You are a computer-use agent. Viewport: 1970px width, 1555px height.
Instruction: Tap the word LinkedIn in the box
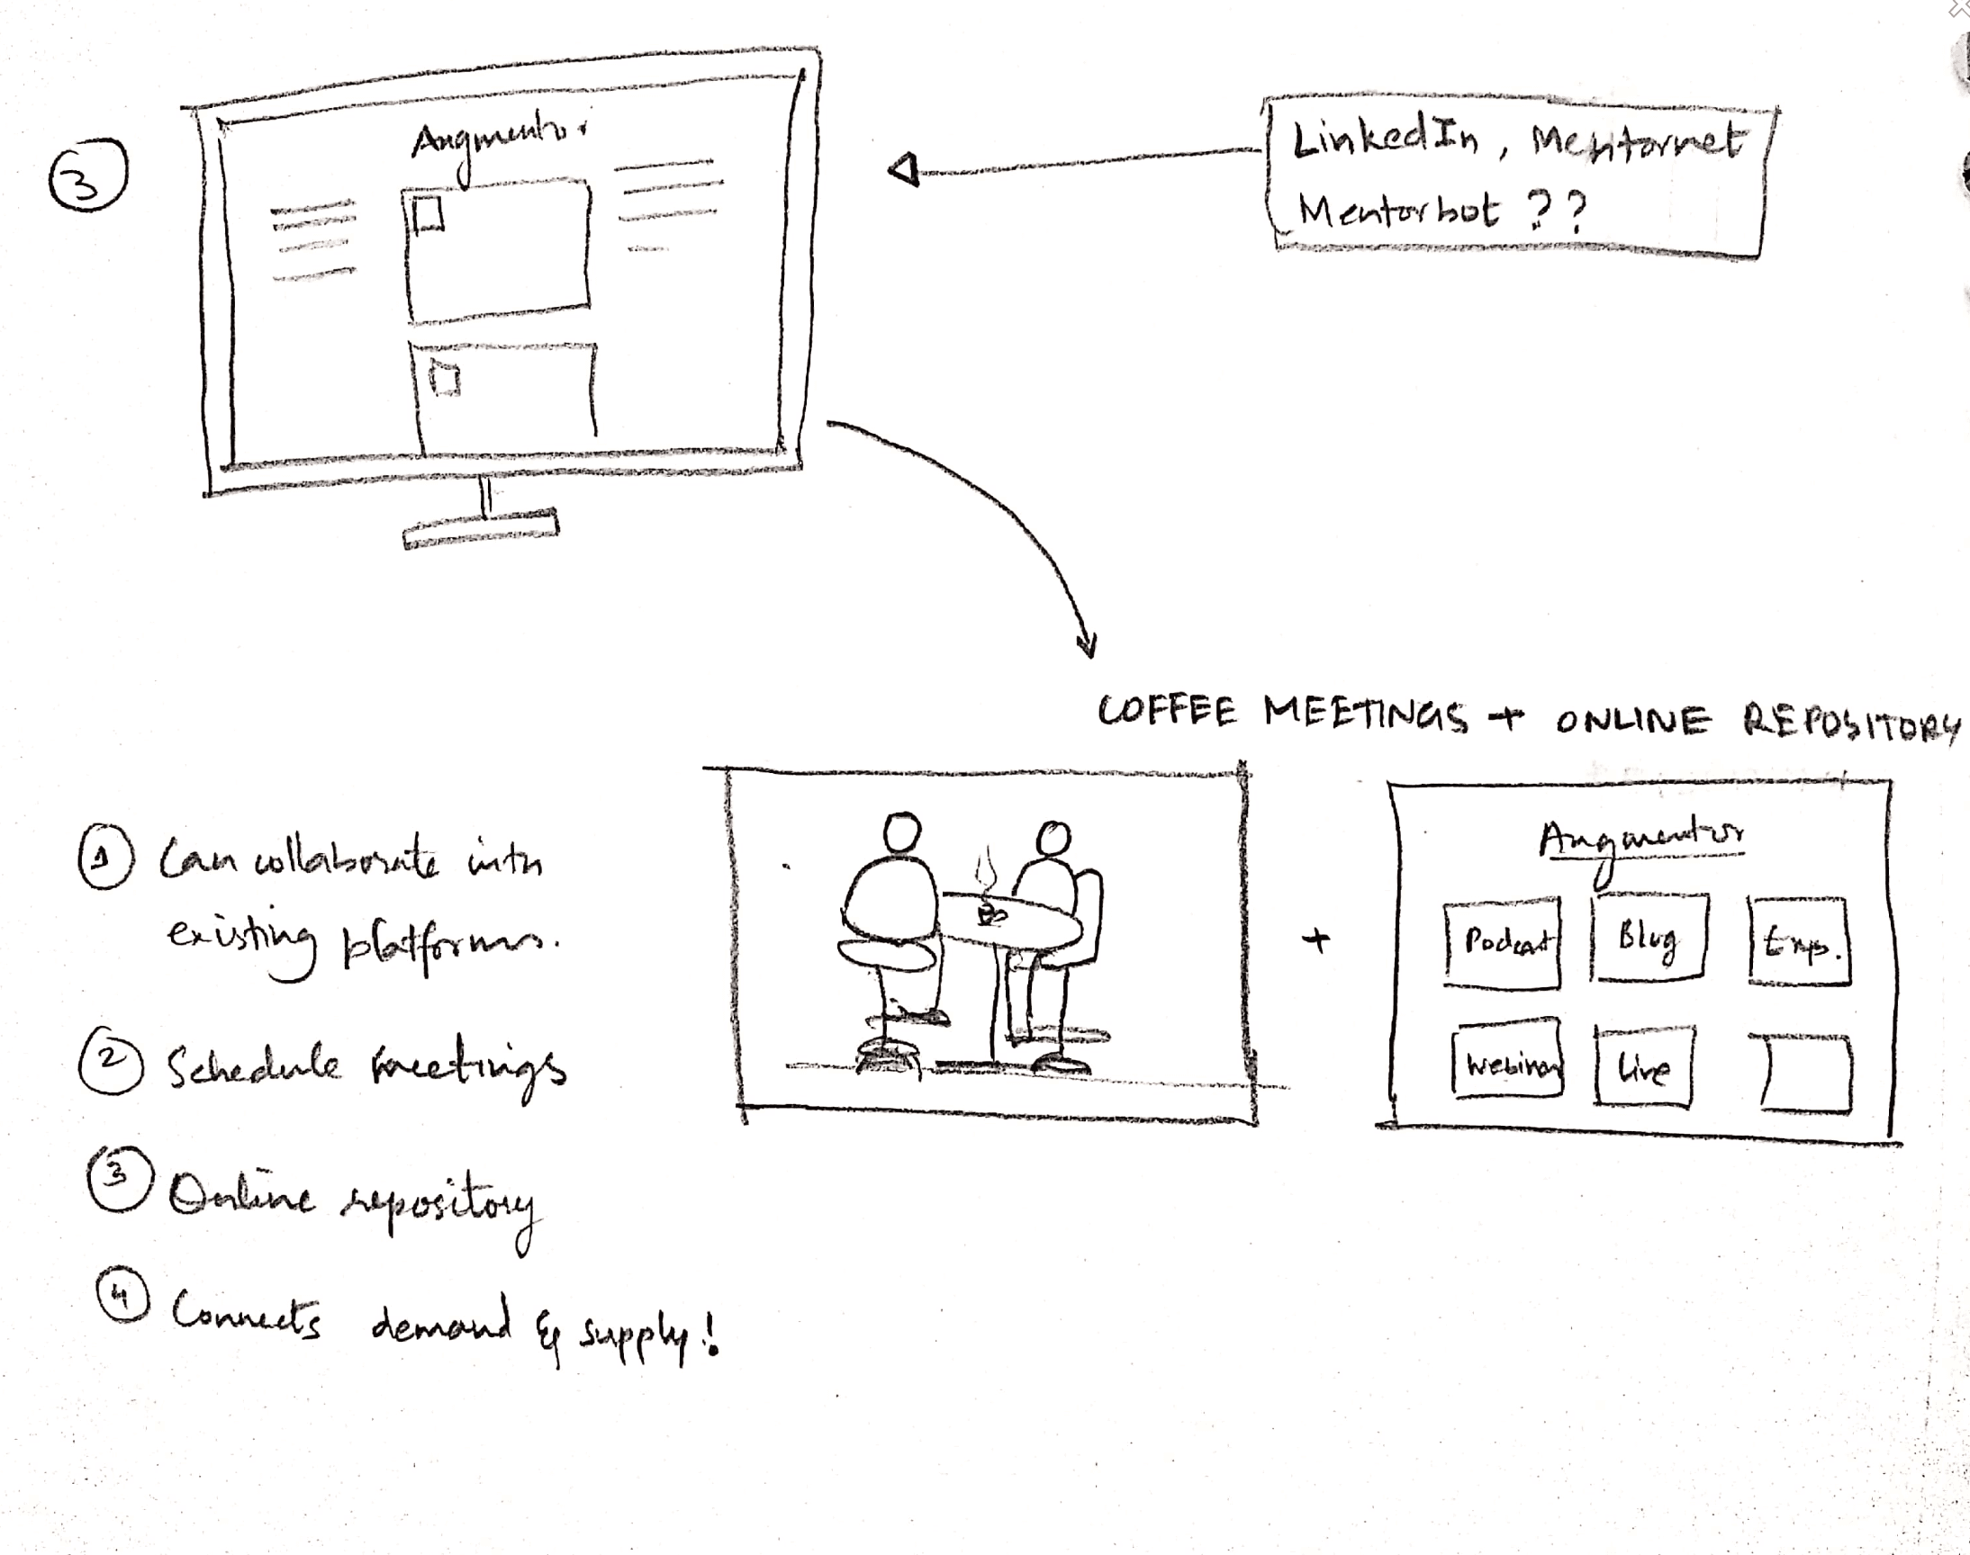pyautogui.click(x=1386, y=140)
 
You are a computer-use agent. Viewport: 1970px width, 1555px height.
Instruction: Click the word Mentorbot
pyautogui.click(x=1397, y=211)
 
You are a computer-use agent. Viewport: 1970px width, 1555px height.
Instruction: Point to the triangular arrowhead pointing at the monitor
pyautogui.click(x=904, y=170)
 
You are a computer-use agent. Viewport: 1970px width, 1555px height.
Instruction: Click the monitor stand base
pyautogui.click(x=480, y=530)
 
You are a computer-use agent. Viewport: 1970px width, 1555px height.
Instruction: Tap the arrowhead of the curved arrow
pyautogui.click(x=1087, y=644)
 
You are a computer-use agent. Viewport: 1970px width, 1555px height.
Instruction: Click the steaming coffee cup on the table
pyautogui.click(x=990, y=912)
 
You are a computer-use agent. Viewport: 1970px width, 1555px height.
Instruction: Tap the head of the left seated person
pyautogui.click(x=902, y=832)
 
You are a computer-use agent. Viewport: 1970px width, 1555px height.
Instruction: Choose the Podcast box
pyautogui.click(x=1502, y=941)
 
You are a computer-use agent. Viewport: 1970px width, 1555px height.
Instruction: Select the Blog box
pyautogui.click(x=1649, y=938)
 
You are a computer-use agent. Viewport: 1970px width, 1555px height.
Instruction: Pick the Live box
pyautogui.click(x=1644, y=1066)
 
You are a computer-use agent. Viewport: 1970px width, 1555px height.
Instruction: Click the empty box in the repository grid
pyautogui.click(x=1806, y=1074)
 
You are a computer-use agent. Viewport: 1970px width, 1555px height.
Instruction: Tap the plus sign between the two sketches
pyautogui.click(x=1317, y=940)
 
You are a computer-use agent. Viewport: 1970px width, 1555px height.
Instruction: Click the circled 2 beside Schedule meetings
pyautogui.click(x=110, y=1063)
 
